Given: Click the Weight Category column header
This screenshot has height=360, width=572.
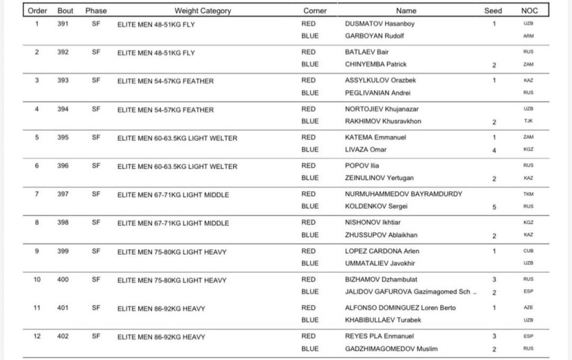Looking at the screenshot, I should click(202, 11).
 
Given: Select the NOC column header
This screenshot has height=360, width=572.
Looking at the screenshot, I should click(529, 11).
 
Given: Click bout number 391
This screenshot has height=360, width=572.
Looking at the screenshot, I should click(63, 24).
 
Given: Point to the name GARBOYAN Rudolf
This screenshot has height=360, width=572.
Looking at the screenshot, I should click(374, 36).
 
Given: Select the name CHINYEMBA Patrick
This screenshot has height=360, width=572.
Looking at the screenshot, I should click(376, 64).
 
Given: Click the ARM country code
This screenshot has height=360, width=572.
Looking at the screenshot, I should click(528, 36).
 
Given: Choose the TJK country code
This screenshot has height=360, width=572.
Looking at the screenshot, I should click(528, 121).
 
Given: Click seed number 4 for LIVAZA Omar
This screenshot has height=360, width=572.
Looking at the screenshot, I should click(493, 150).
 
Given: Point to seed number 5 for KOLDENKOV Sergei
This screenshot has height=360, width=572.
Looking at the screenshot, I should click(493, 207).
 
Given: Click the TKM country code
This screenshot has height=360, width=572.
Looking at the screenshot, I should click(528, 195).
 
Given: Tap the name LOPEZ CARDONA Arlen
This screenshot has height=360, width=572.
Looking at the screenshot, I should click(382, 251).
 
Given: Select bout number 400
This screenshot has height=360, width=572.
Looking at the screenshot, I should click(63, 280).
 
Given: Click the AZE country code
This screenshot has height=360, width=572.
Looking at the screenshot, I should click(528, 308).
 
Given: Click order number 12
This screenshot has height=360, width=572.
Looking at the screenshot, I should click(37, 337).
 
